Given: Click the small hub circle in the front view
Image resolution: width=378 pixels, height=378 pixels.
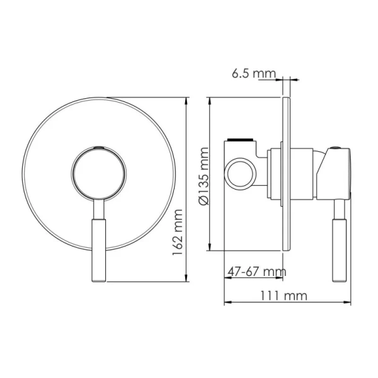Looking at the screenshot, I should pyautogui.click(x=100, y=173).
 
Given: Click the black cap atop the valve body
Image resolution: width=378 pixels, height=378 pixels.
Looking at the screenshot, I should pyautogui.click(x=242, y=138).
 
